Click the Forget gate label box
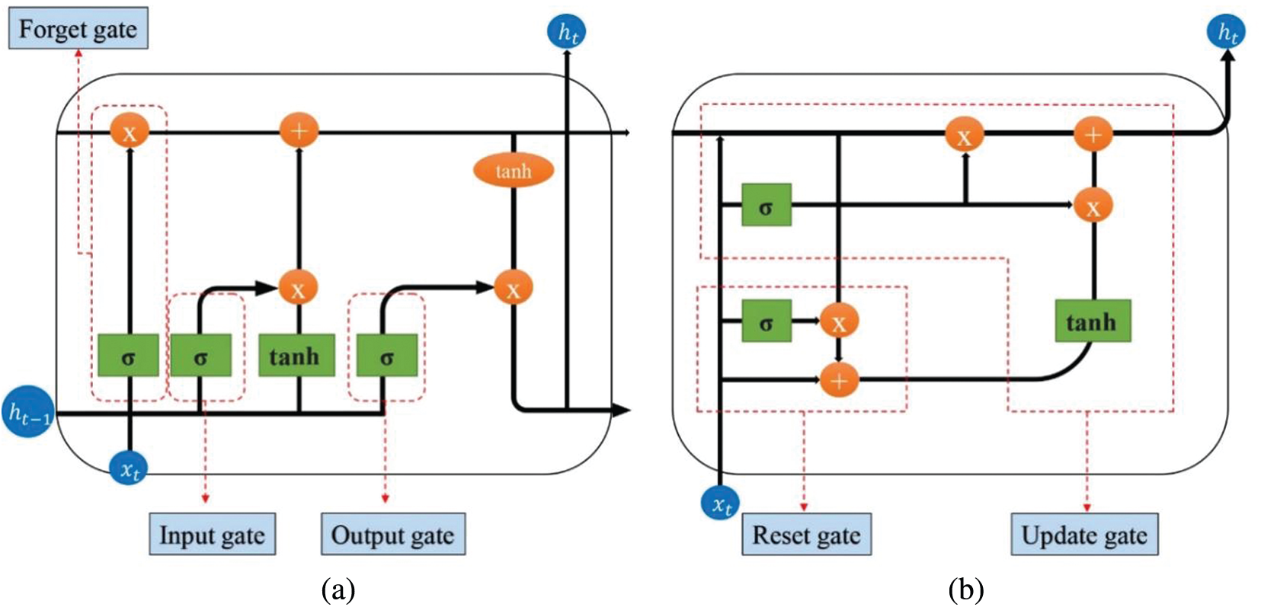[x=78, y=30]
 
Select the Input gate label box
[x=212, y=535]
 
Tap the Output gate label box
[x=392, y=535]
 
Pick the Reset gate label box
[x=806, y=535]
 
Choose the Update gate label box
[x=1084, y=535]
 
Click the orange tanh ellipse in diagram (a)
[x=514, y=171]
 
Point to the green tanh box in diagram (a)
[x=296, y=355]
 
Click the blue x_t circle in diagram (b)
[x=721, y=503]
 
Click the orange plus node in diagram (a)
[x=299, y=131]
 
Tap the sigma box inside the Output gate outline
[x=386, y=355]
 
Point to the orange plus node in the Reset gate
[x=839, y=379]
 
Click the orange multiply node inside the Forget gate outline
[x=130, y=133]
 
